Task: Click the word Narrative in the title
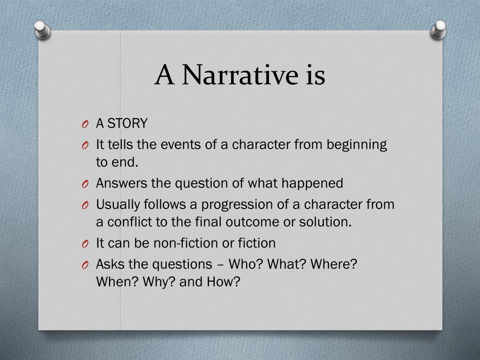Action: [240, 75]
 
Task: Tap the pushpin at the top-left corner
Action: [42, 30]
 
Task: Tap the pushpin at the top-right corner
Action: [439, 30]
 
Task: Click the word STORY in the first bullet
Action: [127, 123]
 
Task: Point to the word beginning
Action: [357, 145]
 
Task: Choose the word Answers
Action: [121, 183]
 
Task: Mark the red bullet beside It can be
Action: [85, 244]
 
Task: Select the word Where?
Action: [334, 264]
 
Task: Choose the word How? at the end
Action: [224, 282]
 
